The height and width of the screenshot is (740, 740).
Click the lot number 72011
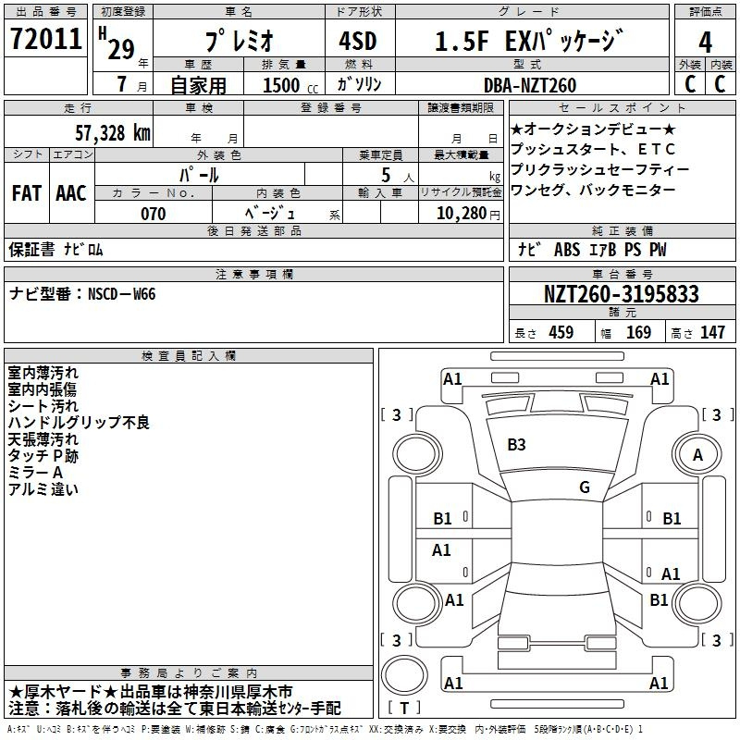pyautogui.click(x=46, y=39)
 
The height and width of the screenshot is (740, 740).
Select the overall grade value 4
pyautogui.click(x=705, y=43)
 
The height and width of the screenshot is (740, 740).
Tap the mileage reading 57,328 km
pyautogui.click(x=113, y=133)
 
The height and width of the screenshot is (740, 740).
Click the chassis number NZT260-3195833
pyautogui.click(x=621, y=294)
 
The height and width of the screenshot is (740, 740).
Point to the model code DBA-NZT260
pyautogui.click(x=530, y=85)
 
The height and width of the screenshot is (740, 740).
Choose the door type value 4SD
pyautogui.click(x=358, y=41)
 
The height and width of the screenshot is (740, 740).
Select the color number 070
pyautogui.click(x=154, y=214)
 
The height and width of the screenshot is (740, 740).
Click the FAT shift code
pyautogui.click(x=27, y=193)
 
